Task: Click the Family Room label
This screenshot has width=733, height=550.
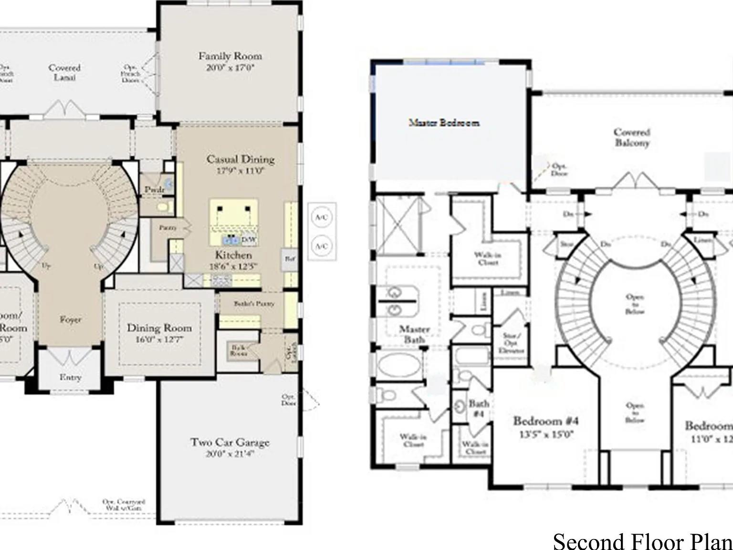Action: [x=230, y=56]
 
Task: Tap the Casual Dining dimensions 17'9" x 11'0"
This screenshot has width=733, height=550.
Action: [x=240, y=170]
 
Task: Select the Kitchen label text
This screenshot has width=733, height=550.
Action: [x=233, y=255]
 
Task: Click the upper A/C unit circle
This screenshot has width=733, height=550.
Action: [x=322, y=217]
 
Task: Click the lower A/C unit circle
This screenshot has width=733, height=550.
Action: [x=322, y=246]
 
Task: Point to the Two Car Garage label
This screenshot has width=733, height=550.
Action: [x=230, y=442]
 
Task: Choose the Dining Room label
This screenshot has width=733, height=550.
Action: [x=159, y=328]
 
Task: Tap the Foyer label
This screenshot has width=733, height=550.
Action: [x=70, y=319]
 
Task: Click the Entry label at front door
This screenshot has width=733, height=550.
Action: [x=70, y=377]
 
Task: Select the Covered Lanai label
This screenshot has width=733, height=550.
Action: [x=64, y=72]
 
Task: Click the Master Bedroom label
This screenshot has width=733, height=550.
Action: [x=444, y=123]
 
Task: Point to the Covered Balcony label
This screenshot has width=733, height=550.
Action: [x=632, y=137]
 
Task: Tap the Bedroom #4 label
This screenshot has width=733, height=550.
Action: [x=545, y=421]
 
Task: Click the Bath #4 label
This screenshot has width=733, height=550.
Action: [x=478, y=409]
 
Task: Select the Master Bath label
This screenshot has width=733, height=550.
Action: [x=414, y=334]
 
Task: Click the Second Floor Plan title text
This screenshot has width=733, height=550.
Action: [x=642, y=541]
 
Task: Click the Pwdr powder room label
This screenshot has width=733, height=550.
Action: [x=154, y=190]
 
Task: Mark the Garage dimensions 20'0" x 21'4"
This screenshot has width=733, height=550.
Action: [x=230, y=454]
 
